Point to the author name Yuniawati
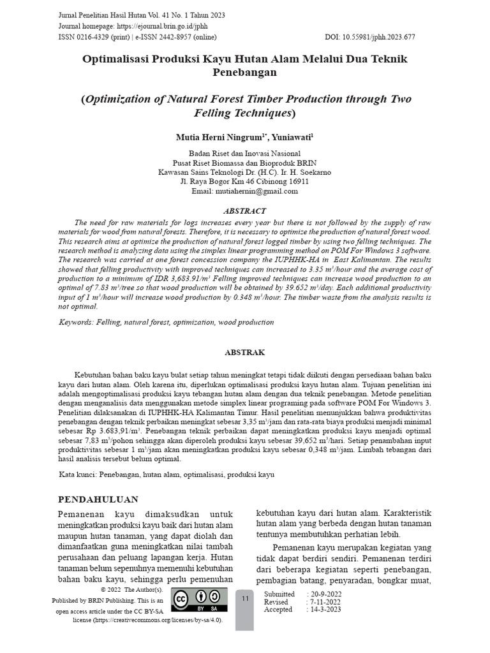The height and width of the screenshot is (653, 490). (x=292, y=137)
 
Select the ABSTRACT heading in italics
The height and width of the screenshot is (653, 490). (x=244, y=210)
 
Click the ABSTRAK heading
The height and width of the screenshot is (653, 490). (x=244, y=352)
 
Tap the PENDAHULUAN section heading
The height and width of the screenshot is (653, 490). (x=98, y=499)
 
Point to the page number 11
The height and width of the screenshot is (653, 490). (x=245, y=599)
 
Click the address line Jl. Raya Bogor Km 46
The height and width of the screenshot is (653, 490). (x=244, y=181)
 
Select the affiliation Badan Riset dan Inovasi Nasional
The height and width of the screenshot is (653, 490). (x=244, y=154)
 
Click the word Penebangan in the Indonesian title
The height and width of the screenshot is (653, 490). (x=244, y=72)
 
